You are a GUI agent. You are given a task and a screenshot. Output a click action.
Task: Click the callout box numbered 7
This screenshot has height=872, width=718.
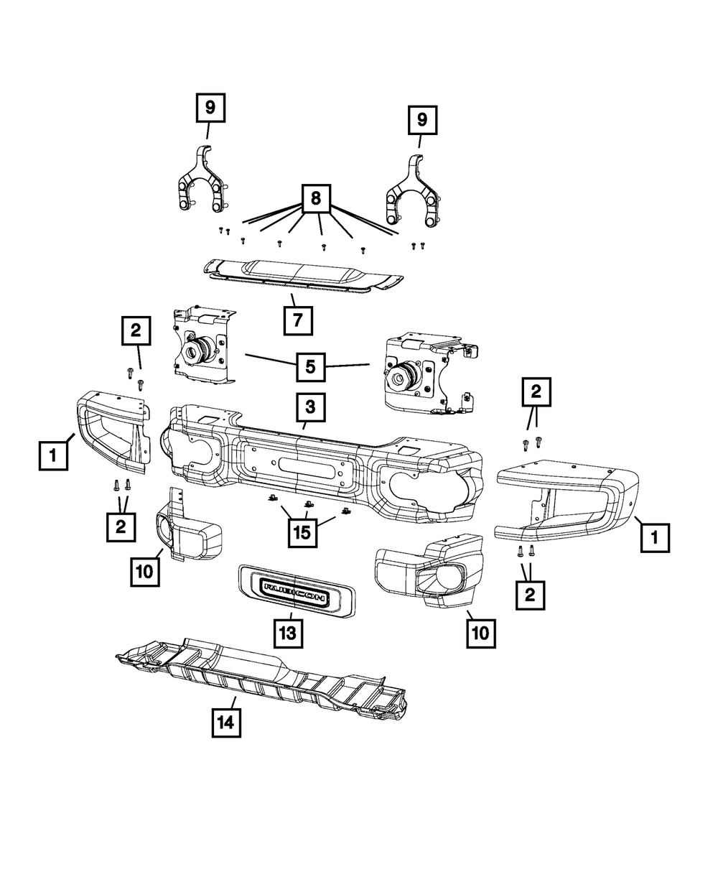pyautogui.click(x=298, y=320)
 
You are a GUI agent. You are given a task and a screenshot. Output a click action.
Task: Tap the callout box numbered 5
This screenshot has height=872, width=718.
pyautogui.click(x=310, y=366)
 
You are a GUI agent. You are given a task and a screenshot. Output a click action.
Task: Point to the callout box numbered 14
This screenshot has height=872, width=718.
pyautogui.click(x=225, y=722)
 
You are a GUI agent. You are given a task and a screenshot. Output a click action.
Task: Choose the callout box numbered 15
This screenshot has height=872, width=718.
pyautogui.click(x=304, y=533)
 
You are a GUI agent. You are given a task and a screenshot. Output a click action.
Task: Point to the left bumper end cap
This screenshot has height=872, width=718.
pyautogui.click(x=111, y=431)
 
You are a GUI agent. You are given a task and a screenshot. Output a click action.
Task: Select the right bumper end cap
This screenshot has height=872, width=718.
pyautogui.click(x=567, y=499)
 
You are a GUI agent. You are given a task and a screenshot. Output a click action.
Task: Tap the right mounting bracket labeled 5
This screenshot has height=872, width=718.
pyautogui.click(x=424, y=374)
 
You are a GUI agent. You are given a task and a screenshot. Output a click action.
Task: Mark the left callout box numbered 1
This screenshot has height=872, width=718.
pyautogui.click(x=53, y=455)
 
